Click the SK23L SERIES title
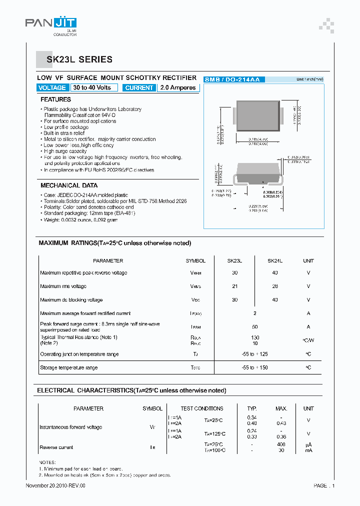tap(79, 59)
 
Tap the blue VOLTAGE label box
tap(52, 87)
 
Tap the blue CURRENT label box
tap(139, 87)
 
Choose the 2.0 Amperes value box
tap(178, 87)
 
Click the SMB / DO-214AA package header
tap(234, 79)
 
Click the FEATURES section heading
tap(55, 99)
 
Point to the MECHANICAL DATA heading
tap(69, 185)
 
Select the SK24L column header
tap(275, 260)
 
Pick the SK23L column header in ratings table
tap(234, 260)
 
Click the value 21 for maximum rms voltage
tap(234, 286)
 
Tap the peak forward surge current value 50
tap(254, 326)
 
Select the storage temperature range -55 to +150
tap(254, 367)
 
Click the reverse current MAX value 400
tap(281, 444)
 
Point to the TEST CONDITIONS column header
tap(202, 408)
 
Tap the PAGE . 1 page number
tap(324, 485)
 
